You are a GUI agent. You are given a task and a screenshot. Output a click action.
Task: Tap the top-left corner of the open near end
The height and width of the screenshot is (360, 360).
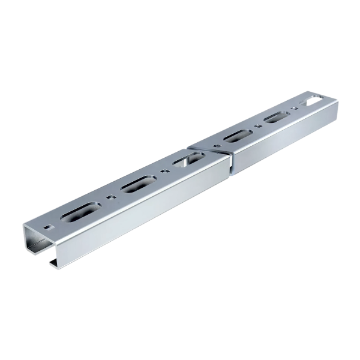25,226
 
